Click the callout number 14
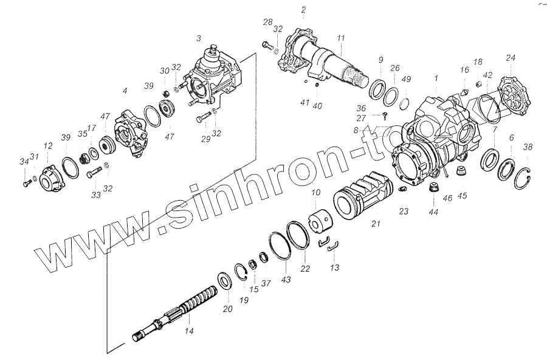189,331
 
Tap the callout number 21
376,224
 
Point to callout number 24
511,58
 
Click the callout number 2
303,10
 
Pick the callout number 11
342,38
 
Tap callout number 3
198,38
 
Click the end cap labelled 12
51,176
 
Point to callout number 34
23,161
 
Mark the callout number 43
286,280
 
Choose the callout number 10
315,192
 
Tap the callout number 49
407,79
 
